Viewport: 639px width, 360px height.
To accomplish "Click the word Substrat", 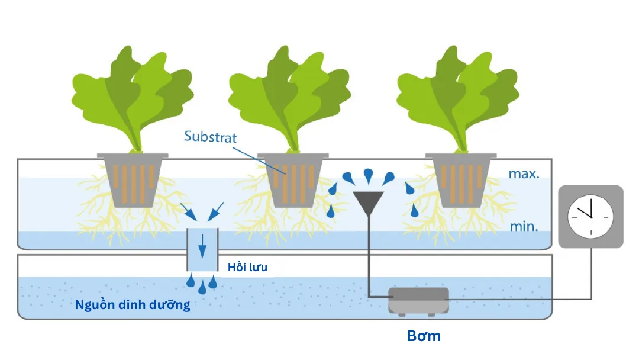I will (x=210, y=137).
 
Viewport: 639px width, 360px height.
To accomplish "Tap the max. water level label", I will (x=524, y=174).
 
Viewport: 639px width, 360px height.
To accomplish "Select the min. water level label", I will (x=524, y=226).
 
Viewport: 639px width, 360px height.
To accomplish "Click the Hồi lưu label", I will (x=247, y=268).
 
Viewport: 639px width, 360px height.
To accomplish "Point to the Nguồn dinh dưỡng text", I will (x=133, y=306).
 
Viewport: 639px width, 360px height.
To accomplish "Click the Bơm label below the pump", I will (x=424, y=336).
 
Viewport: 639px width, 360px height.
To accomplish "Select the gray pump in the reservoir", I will (x=418, y=300).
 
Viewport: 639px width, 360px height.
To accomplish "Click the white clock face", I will (x=590, y=216).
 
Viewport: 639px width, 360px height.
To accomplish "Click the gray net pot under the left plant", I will (x=133, y=180).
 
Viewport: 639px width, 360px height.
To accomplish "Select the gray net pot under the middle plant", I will (x=293, y=180).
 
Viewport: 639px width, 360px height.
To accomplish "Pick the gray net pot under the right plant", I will (x=461, y=180).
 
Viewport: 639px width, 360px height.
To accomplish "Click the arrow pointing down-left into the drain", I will (x=218, y=208).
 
